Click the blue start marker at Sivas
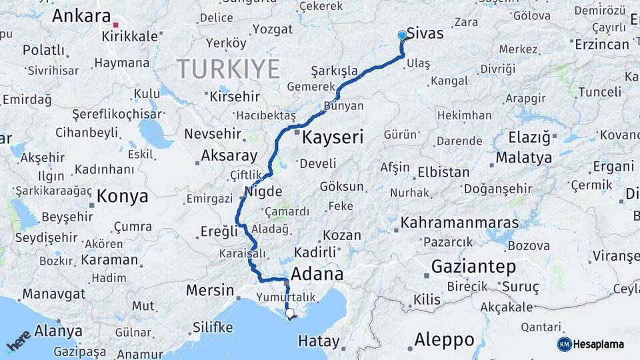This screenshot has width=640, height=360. point(402,35)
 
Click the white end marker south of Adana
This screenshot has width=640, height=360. point(289,313)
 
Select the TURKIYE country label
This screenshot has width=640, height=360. point(228,68)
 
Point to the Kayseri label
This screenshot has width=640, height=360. point(333,138)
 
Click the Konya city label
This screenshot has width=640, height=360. point(122,196)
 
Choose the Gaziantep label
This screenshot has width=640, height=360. point(473,267)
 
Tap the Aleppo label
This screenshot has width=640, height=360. point(444,339)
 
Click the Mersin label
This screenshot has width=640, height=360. point(209,291)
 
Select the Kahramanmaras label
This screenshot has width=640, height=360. point(459,223)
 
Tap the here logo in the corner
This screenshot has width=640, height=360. point(18,341)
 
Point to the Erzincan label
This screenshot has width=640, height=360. point(601,45)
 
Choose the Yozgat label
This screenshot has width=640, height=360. point(272,29)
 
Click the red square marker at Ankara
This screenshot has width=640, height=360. point(115,25)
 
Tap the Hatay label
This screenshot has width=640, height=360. point(319,341)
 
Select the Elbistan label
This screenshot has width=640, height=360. point(443,172)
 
